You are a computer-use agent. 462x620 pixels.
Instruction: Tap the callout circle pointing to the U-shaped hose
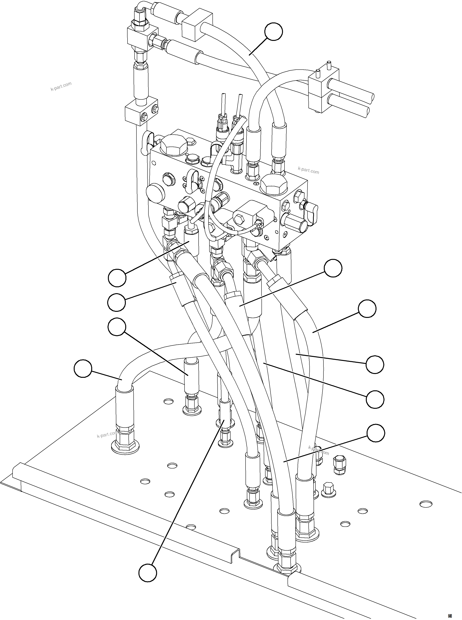(83, 369)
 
